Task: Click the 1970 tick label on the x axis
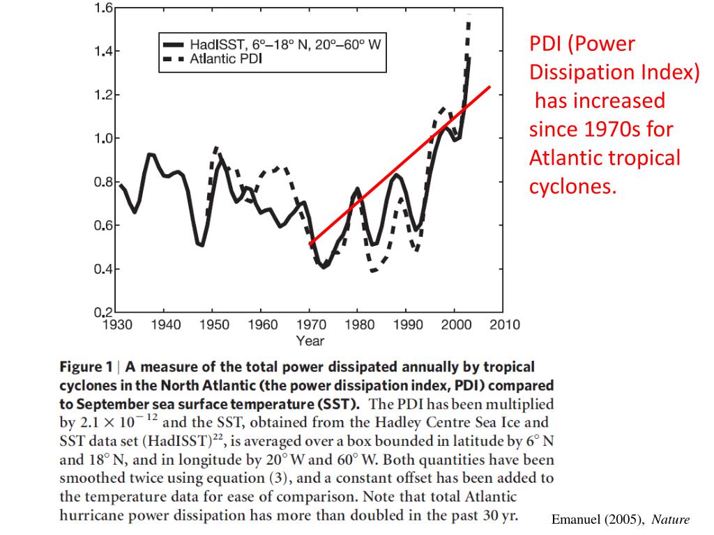(310, 324)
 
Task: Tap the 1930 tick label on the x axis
(117, 324)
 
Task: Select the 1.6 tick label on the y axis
(103, 8)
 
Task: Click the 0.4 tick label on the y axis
(103, 270)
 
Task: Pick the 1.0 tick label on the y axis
(103, 138)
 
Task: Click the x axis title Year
(310, 341)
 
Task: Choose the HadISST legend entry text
(286, 45)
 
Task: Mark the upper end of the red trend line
(490, 87)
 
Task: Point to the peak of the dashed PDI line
(469, 17)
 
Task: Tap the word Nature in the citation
(670, 520)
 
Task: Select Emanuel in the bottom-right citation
(577, 520)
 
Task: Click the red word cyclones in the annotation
(573, 187)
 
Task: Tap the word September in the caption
(115, 404)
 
